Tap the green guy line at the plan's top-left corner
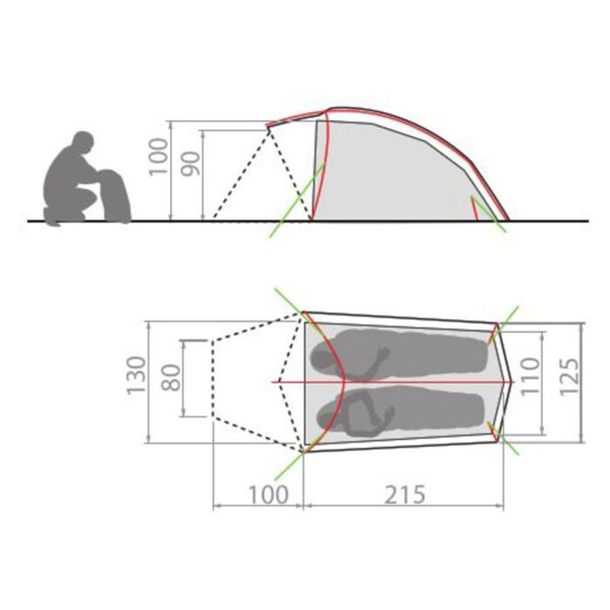[x=288, y=301]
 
